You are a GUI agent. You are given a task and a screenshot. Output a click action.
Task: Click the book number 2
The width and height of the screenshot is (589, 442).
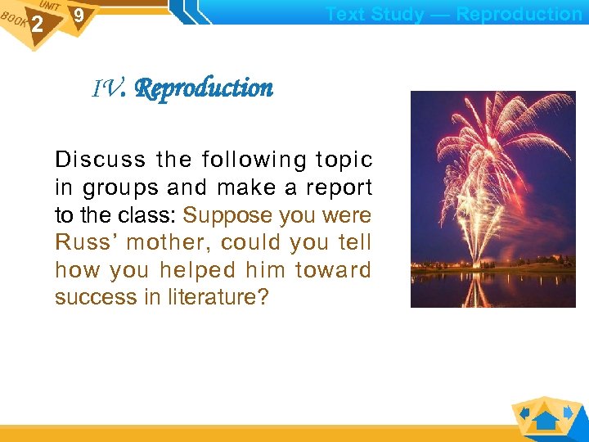coord(37,25)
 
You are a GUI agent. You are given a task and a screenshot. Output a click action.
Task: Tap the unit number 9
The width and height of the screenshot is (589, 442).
coord(78,16)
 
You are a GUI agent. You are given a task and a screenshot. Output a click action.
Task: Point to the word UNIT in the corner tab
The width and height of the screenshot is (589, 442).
coord(49,6)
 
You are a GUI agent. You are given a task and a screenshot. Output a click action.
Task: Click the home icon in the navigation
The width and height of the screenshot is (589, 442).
coord(546,420)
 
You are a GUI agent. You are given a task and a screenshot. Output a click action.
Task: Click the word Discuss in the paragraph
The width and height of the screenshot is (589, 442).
coord(100,160)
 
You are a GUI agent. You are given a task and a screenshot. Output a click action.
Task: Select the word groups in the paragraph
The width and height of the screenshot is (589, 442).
coord(120,188)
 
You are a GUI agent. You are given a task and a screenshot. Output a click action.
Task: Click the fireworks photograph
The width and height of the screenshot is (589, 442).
coord(470,199)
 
